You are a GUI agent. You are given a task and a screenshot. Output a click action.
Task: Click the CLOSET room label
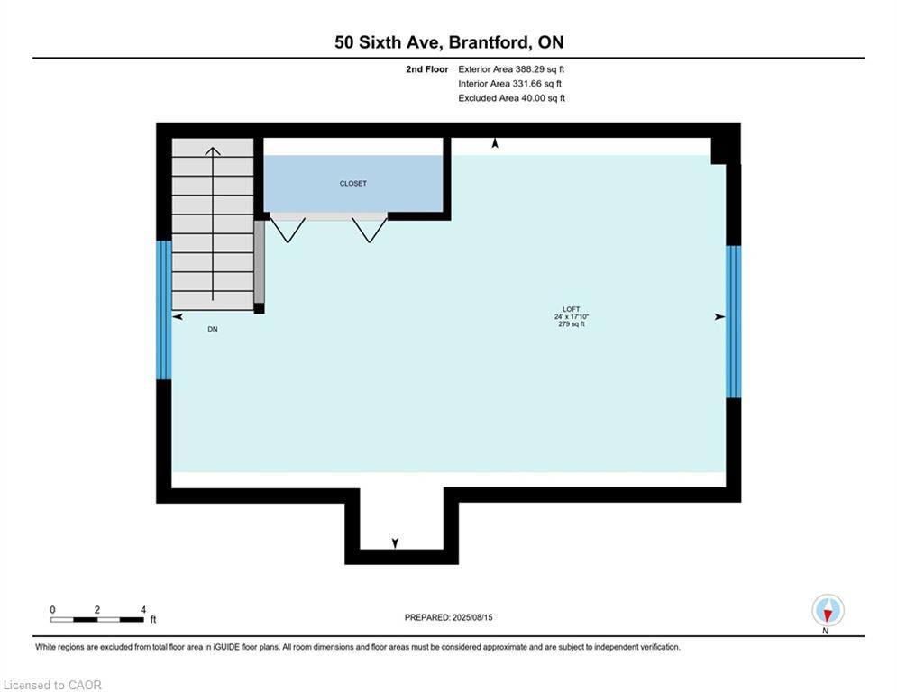[x=352, y=184]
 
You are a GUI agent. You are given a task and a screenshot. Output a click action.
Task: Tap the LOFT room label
[x=571, y=308]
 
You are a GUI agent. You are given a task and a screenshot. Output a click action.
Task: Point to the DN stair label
[x=213, y=330]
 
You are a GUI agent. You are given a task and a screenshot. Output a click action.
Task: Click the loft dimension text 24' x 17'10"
[x=571, y=316]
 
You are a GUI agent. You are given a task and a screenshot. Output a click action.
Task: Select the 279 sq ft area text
[x=571, y=324]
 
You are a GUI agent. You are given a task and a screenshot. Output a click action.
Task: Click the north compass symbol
[x=827, y=611]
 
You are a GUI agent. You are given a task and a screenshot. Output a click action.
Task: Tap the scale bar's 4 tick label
[x=143, y=609]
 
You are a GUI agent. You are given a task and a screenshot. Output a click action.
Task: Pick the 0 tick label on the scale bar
[x=52, y=609]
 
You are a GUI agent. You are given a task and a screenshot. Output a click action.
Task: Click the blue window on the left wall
[x=163, y=309]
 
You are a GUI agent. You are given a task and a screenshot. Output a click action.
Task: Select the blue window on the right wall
[x=734, y=321]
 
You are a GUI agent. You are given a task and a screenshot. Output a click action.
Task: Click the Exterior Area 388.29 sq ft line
[x=511, y=69]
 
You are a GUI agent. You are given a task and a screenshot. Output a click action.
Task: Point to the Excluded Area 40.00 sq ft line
[x=511, y=98]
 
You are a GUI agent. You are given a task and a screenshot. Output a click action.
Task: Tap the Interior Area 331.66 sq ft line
[x=511, y=84]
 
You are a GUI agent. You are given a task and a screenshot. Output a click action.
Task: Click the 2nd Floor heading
[x=427, y=69]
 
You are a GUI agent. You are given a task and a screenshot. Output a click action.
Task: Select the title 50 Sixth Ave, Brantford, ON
[x=449, y=42]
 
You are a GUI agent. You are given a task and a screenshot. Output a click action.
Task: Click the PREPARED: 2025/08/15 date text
[x=448, y=617]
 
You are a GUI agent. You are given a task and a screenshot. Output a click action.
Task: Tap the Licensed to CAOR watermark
[x=52, y=685]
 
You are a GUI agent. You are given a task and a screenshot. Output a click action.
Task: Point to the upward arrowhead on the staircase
[x=213, y=151]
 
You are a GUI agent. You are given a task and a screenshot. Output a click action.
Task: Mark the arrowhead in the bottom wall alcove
[x=395, y=542]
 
